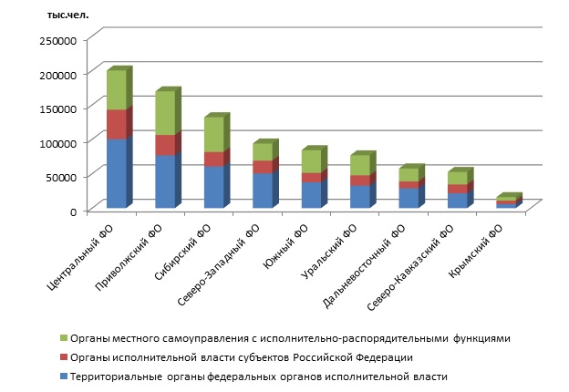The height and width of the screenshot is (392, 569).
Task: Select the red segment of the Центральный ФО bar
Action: pyautogui.click(x=116, y=124)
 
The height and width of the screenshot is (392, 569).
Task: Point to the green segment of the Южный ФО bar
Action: pyautogui.click(x=311, y=160)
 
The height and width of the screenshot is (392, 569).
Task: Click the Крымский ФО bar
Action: pyautogui.click(x=506, y=202)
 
